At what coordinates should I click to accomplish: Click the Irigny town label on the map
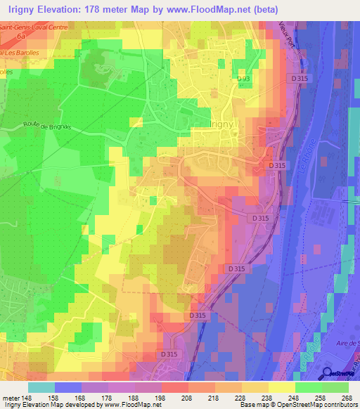pyautogui.click(x=225, y=120)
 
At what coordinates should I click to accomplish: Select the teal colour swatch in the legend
pyautogui.click(x=41, y=387)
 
